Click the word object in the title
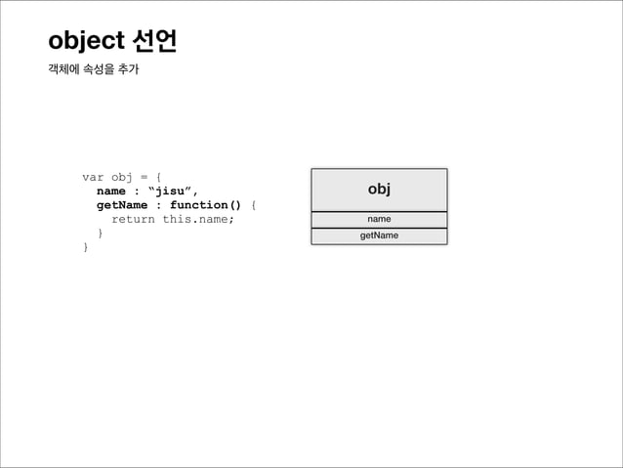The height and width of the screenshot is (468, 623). [86, 43]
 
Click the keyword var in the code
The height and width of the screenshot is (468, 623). [93, 177]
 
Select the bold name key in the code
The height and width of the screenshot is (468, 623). [110, 191]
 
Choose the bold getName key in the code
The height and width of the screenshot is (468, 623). [122, 205]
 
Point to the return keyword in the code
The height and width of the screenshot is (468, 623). [133, 219]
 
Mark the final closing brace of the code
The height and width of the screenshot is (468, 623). [86, 247]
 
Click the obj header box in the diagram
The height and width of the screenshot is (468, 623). [379, 189]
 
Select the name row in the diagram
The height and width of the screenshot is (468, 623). [379, 219]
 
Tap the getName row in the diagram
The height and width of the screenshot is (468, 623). [379, 235]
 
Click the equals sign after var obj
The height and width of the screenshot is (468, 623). [144, 177]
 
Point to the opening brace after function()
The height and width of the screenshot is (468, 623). [254, 205]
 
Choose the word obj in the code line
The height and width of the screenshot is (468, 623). [122, 177]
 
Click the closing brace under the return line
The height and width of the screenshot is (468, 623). [100, 234]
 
